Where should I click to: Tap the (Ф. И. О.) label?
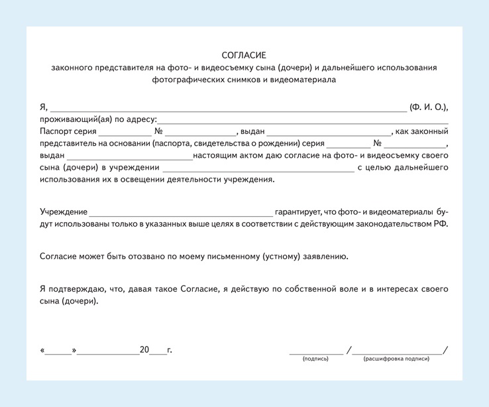point(429,107)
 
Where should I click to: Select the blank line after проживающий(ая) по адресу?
point(303,122)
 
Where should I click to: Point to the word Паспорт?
point(56,131)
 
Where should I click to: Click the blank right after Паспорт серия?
point(125,134)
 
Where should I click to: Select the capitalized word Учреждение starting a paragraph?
point(64,211)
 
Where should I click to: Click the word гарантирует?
point(298,211)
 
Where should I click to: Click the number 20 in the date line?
point(144,349)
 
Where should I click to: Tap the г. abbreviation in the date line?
point(170,349)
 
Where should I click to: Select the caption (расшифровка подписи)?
point(396,359)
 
